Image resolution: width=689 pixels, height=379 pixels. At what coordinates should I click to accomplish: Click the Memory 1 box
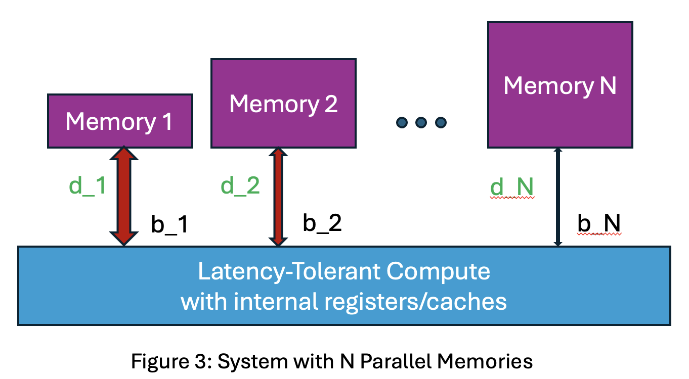tap(119, 121)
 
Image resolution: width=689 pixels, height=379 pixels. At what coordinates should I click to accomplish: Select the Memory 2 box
tap(283, 104)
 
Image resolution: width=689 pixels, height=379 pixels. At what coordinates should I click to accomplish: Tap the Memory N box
tap(560, 85)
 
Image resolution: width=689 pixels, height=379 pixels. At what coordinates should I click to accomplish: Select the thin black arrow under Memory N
tap(558, 197)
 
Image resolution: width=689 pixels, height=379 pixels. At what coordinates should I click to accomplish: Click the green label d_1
tap(88, 186)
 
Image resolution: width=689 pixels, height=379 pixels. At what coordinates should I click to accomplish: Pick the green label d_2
tap(240, 186)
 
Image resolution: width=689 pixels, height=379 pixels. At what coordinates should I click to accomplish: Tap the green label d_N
tap(512, 188)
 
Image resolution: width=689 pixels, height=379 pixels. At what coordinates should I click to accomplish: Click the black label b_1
tap(170, 225)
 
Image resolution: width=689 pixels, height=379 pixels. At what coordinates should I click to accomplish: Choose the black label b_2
tap(322, 223)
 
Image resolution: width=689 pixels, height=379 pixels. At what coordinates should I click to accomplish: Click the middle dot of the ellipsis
tap(421, 122)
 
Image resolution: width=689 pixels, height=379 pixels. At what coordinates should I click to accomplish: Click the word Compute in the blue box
tap(438, 271)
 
